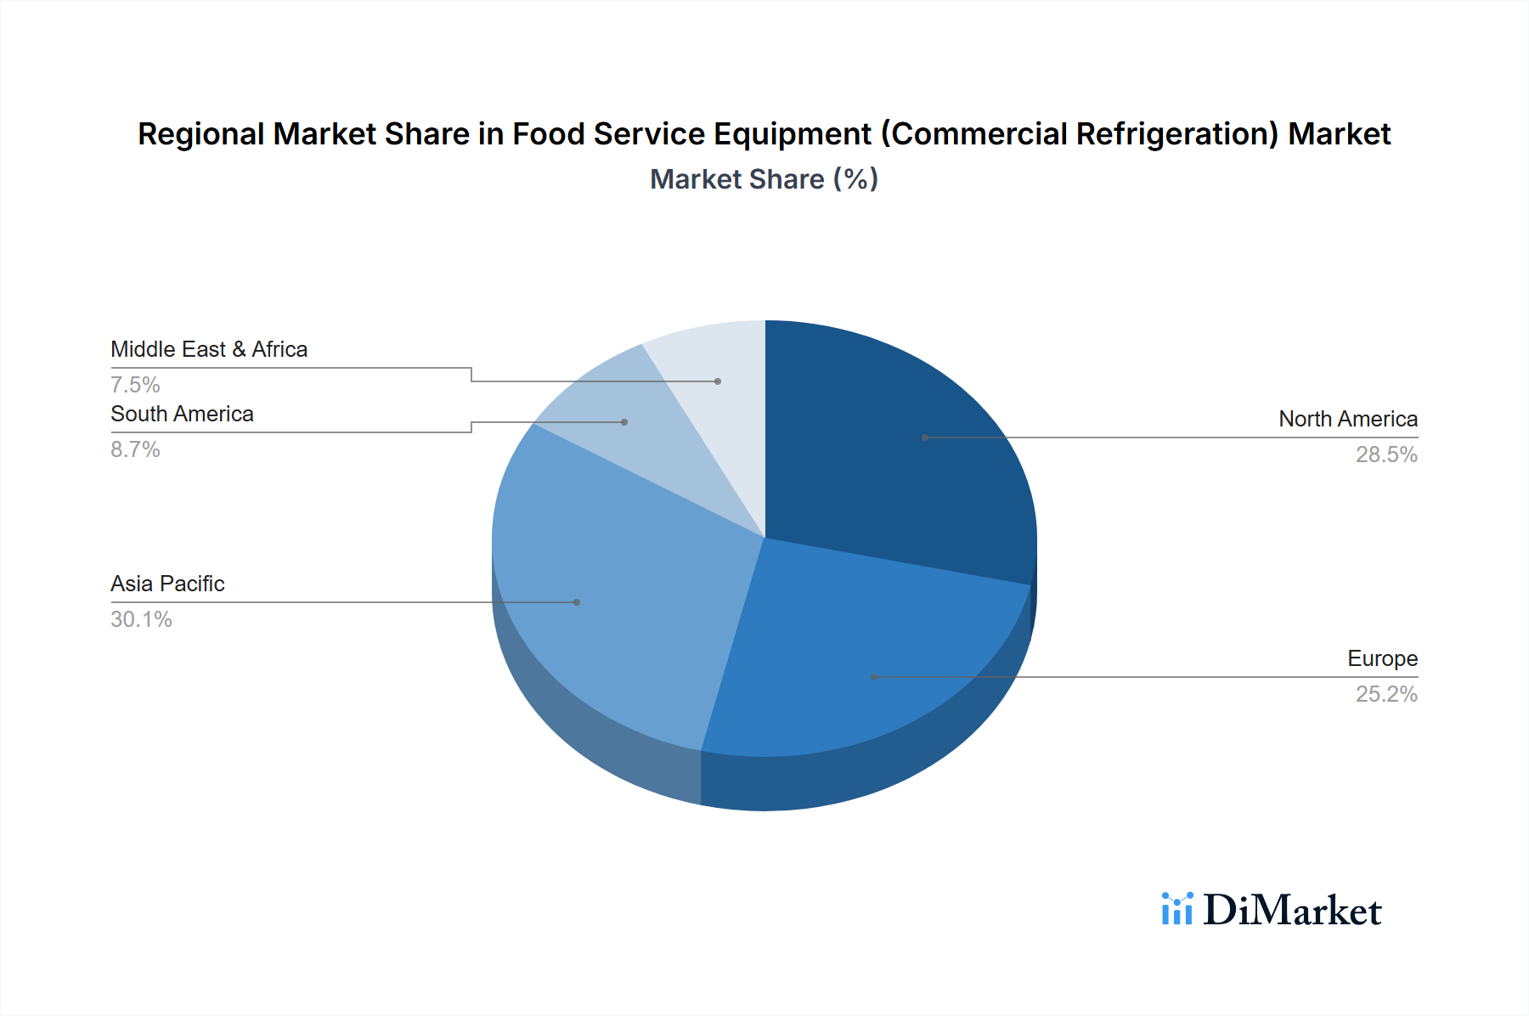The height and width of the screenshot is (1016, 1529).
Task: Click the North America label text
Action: tap(1347, 419)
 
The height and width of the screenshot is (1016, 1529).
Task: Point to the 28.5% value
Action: tap(1385, 454)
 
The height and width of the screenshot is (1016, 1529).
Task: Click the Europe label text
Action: tap(1382, 658)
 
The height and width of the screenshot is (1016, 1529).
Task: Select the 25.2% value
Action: tap(1385, 694)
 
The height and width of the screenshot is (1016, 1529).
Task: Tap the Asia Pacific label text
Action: tap(167, 584)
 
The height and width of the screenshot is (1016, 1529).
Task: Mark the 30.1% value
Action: tap(141, 619)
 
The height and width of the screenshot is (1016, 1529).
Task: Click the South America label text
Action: tap(182, 414)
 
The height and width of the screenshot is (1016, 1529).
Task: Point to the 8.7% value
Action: tap(135, 449)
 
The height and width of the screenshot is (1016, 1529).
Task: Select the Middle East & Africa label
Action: tap(209, 349)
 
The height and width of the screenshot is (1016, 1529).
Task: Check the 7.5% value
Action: tap(135, 385)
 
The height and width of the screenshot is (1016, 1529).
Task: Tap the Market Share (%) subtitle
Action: tap(764, 179)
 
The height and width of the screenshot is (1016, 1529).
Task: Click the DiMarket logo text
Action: tap(1292, 911)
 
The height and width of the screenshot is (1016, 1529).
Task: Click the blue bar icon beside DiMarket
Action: tap(1177, 909)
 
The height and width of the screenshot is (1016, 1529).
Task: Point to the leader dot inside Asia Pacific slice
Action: tap(577, 602)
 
